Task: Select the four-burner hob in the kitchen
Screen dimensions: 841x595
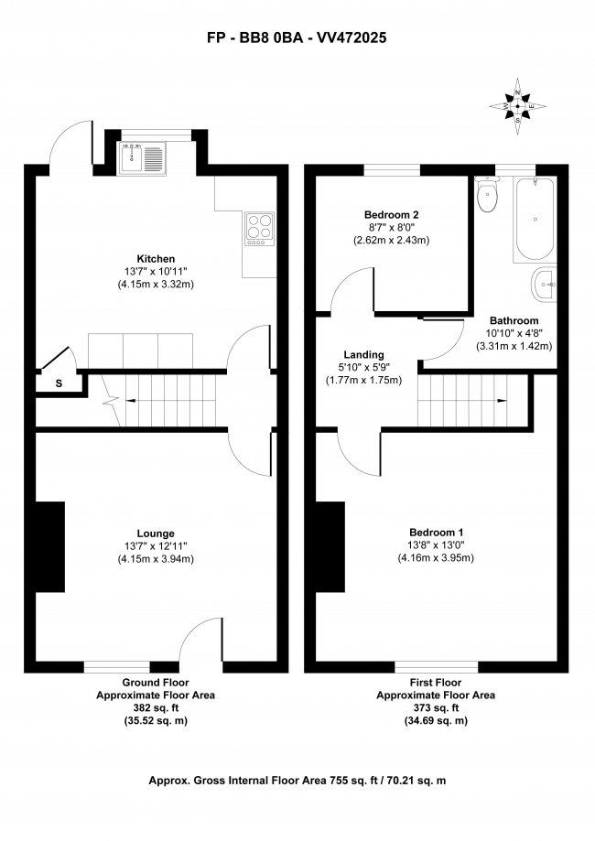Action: (x=259, y=229)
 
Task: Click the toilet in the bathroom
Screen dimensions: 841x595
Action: (x=488, y=195)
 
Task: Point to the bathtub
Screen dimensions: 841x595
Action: (x=535, y=220)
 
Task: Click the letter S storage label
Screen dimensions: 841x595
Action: (x=59, y=383)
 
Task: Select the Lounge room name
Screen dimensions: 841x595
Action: (x=156, y=534)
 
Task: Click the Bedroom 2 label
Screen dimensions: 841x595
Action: (x=392, y=215)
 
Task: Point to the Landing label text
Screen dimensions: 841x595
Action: (x=364, y=355)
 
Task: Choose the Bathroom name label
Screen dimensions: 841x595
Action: (x=513, y=320)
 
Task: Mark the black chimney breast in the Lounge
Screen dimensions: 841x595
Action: (x=50, y=547)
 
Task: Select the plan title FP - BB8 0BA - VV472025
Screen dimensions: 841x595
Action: (x=297, y=39)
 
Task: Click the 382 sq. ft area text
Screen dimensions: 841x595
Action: (x=156, y=708)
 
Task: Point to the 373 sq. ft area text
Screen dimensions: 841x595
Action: (x=436, y=708)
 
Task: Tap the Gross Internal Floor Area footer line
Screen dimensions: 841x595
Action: (x=297, y=781)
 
